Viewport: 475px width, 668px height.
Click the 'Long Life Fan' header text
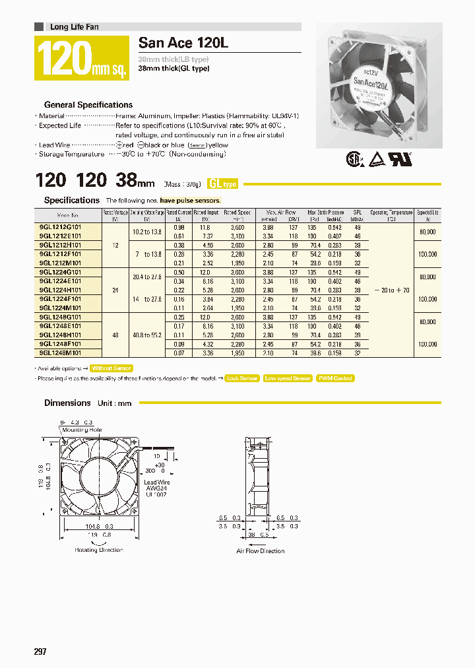pos(75,27)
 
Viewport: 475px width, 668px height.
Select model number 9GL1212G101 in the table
pos(61,226)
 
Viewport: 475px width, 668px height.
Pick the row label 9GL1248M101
pos(61,352)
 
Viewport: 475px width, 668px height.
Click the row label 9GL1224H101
pos(61,289)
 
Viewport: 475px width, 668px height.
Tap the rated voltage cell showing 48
pos(115,335)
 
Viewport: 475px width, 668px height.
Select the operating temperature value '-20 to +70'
pos(391,290)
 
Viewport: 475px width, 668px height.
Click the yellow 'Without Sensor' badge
pos(111,368)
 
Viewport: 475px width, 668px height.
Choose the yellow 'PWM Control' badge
pos(335,378)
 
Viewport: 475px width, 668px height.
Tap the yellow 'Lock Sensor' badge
pos(241,378)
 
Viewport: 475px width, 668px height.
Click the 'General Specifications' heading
pos(88,105)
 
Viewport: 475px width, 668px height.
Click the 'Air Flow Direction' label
pos(261,551)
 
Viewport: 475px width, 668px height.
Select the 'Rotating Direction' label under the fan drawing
pos(98,550)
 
